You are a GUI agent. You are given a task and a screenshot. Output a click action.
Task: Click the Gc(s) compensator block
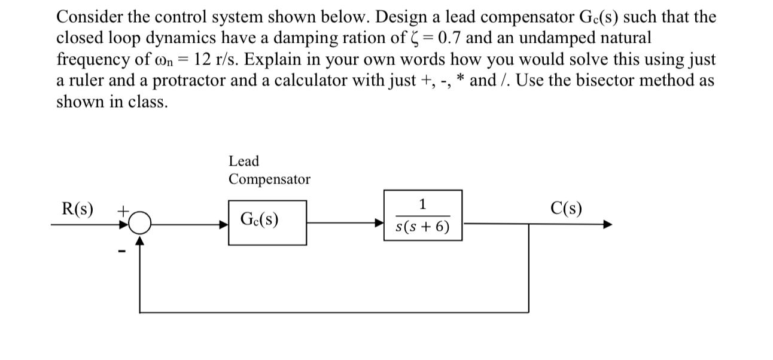[267, 222]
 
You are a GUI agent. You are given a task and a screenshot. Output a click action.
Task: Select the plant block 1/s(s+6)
[422, 215]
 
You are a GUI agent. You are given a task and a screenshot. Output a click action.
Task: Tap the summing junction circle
[139, 224]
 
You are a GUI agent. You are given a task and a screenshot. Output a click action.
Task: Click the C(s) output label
[565, 209]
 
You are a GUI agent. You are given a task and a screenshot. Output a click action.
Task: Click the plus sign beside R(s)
[122, 210]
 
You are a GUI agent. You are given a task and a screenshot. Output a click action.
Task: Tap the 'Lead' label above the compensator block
[244, 161]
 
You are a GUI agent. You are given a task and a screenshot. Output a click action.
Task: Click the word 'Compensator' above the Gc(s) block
[269, 179]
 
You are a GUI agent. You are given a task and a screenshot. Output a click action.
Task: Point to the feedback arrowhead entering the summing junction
[139, 240]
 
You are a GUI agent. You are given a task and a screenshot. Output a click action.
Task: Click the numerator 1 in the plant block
[422, 205]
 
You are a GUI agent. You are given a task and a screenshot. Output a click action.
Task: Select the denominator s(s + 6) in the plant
[422, 227]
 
